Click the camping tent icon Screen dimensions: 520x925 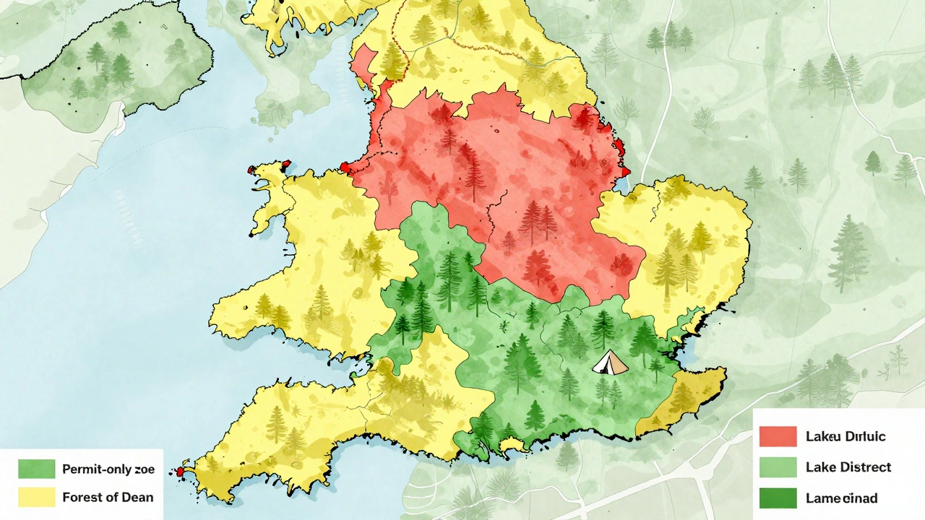click(610, 362)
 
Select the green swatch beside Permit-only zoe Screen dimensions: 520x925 click(36, 469)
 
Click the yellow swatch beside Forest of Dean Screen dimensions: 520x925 click(36, 497)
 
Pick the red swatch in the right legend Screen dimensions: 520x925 click(778, 436)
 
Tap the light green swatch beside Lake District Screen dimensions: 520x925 click(778, 467)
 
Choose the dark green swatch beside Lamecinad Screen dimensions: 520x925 click(778, 498)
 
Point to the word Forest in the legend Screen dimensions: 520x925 click(82, 497)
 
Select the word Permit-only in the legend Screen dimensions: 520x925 click(92, 469)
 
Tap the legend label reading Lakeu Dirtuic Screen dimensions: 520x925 click(845, 436)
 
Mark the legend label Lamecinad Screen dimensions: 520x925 click(841, 498)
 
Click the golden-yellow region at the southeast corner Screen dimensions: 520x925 click(687, 401)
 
